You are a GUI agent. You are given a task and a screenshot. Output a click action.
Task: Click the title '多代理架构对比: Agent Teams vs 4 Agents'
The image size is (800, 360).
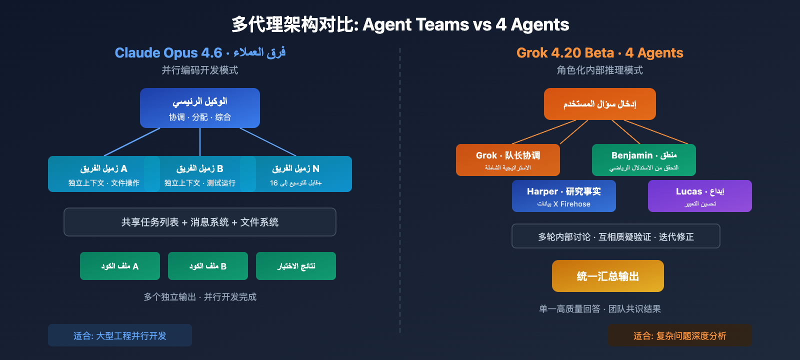[x=400, y=24]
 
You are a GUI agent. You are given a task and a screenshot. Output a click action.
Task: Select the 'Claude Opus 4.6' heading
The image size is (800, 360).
[x=168, y=52]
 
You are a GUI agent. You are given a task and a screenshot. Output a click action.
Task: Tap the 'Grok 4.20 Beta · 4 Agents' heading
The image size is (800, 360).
[x=599, y=52]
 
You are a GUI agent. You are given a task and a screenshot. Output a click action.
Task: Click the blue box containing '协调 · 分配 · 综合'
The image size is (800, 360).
[x=200, y=108]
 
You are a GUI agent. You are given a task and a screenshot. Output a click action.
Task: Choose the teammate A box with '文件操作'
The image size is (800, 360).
[x=103, y=174]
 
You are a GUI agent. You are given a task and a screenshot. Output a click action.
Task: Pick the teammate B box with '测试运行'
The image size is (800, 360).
[x=200, y=174]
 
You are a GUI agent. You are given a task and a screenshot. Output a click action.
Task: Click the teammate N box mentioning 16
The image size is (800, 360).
[x=296, y=174]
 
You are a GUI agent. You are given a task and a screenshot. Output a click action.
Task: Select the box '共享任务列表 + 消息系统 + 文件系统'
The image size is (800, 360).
[x=200, y=222]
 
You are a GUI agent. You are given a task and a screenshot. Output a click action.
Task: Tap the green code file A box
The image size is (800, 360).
[x=120, y=266]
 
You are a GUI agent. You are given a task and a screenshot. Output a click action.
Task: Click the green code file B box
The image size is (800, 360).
[x=208, y=266]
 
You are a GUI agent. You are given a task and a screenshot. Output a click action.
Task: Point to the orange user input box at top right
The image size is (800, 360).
[x=599, y=104]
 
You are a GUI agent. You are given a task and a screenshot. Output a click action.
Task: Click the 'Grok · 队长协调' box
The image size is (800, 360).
[x=508, y=160]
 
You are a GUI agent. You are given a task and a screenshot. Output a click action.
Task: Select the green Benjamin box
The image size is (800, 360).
[x=644, y=160]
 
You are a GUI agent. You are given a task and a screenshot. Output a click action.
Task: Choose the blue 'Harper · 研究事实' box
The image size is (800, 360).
[x=564, y=196]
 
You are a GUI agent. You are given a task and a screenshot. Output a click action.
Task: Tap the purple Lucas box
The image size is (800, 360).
[x=700, y=196]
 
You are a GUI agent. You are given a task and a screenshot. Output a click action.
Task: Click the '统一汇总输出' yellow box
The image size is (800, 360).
[x=608, y=276]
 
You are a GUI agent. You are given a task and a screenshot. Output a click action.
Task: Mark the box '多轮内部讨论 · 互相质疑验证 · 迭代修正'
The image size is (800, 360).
[x=616, y=236]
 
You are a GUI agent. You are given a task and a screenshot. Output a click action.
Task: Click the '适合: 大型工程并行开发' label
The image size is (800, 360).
[x=120, y=335]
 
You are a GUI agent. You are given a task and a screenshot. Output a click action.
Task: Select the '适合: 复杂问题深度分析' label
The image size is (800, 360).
[x=680, y=335]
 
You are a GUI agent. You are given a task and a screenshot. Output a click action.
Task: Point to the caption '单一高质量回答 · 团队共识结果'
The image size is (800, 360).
[x=600, y=309]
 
